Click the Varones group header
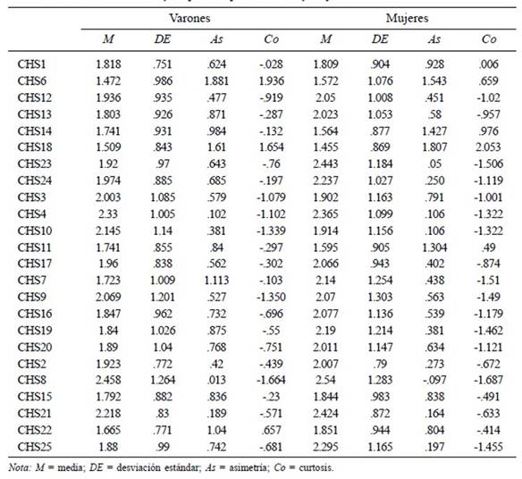click(189, 18)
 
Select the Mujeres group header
click(408, 18)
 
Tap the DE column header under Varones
click(163, 39)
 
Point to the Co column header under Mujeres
click(489, 39)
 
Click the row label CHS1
click(31, 64)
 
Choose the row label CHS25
click(35, 447)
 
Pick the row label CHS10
click(35, 231)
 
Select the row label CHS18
click(35, 147)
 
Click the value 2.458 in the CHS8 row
click(108, 380)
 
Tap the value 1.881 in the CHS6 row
click(216, 81)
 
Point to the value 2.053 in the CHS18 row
click(488, 147)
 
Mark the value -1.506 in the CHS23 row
click(488, 164)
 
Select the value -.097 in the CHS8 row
click(434, 380)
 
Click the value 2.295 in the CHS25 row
click(325, 447)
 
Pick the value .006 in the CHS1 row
click(489, 64)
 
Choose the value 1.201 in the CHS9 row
click(163, 297)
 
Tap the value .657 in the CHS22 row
click(272, 430)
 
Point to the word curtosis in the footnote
click(316, 467)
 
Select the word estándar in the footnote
click(181, 467)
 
